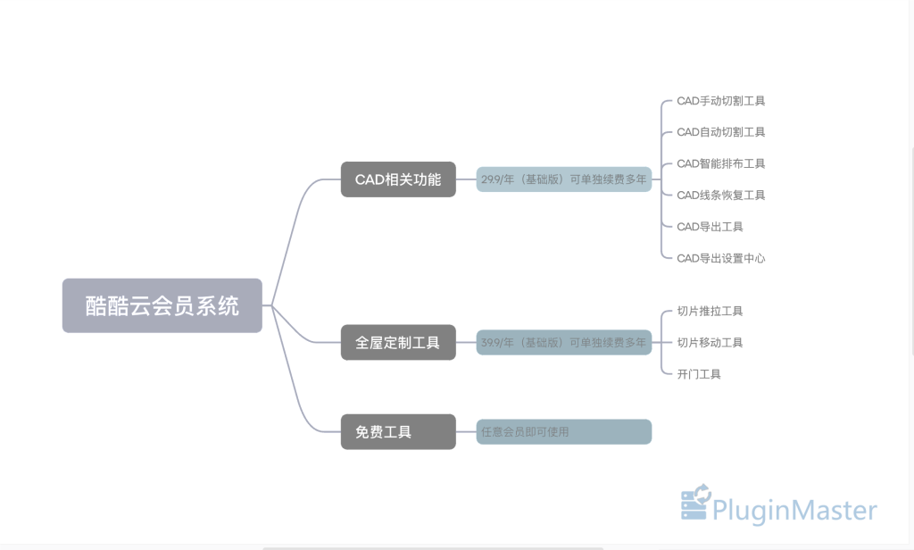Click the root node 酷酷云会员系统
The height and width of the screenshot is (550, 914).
162,305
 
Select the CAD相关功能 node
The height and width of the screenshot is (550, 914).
398,179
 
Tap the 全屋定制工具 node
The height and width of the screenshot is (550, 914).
398,342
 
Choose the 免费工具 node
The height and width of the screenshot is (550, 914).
398,432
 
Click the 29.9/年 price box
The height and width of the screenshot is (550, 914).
564,179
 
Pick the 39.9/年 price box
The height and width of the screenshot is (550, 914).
564,342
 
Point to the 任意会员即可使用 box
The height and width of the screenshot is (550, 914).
564,432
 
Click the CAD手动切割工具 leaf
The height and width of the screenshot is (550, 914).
720,101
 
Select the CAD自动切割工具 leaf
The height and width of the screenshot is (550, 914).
720,132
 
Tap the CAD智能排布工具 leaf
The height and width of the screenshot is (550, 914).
720,163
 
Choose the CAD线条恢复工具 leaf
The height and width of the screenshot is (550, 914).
720,195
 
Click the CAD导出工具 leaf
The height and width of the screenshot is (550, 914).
710,227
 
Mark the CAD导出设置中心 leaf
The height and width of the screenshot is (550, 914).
720,258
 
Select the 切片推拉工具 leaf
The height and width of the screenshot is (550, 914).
710,311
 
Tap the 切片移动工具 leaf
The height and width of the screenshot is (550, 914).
710,342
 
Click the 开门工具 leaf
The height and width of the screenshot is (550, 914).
699,374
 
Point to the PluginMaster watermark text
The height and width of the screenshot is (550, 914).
794,511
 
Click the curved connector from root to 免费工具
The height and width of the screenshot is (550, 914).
298,393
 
